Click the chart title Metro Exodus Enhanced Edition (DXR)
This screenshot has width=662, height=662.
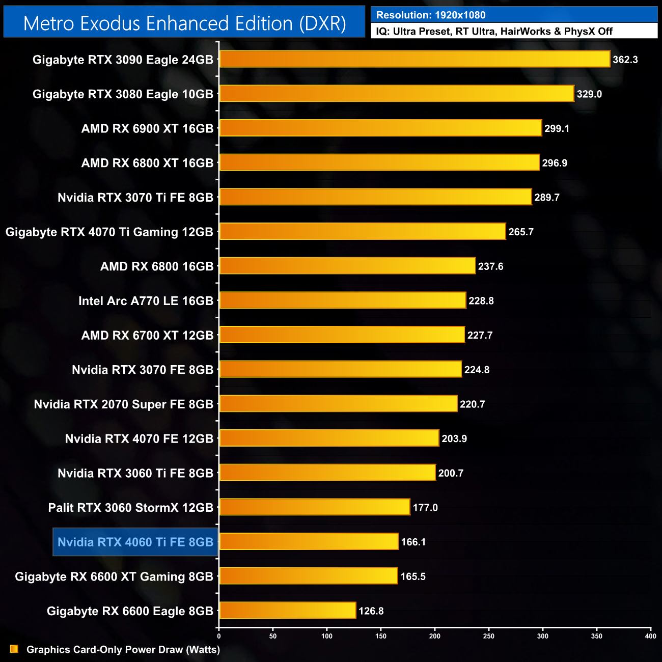pyautogui.click(x=184, y=23)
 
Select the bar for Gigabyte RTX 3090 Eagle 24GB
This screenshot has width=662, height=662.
pyautogui.click(x=415, y=59)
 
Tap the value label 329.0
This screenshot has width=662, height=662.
pyautogui.click(x=589, y=94)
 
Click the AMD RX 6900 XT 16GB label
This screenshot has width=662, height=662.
pyautogui.click(x=147, y=129)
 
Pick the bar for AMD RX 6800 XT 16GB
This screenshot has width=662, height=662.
pyautogui.click(x=379, y=162)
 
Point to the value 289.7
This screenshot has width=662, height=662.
pyautogui.click(x=547, y=198)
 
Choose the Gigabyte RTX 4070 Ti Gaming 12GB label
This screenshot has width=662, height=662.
pyautogui.click(x=109, y=232)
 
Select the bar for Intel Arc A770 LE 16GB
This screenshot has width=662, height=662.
pyautogui.click(x=343, y=300)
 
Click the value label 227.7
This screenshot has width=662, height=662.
pyautogui.click(x=480, y=336)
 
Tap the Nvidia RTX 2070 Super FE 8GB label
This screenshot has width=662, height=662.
pyautogui.click(x=123, y=404)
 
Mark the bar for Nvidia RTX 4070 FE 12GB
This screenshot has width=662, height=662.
pyautogui.click(x=329, y=438)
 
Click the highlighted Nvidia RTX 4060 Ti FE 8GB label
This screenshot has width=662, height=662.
pyautogui.click(x=135, y=542)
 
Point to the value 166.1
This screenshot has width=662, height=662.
pyautogui.click(x=413, y=542)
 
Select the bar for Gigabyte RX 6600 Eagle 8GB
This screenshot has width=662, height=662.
pyautogui.click(x=288, y=610)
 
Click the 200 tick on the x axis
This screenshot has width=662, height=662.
pyautogui.click(x=435, y=636)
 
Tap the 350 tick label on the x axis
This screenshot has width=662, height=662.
pyautogui.click(x=597, y=636)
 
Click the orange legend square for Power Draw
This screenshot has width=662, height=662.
pyautogui.click(x=14, y=649)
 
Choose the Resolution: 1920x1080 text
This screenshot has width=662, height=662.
pyautogui.click(x=431, y=15)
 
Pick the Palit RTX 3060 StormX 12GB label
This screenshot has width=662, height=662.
pyautogui.click(x=130, y=508)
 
